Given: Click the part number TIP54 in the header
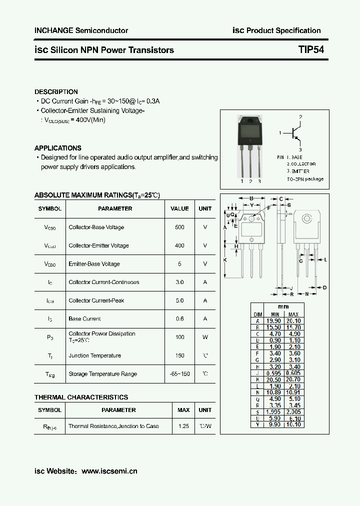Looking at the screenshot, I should tap(311, 50).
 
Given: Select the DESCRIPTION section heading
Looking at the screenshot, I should tap(56, 92).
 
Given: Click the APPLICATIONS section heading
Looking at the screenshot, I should tap(58, 148).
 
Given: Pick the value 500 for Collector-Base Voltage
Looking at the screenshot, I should tap(179, 227).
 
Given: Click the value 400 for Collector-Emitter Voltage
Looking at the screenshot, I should tap(179, 245).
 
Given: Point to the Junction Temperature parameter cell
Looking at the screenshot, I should tap(94, 355).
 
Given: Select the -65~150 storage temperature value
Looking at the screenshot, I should tap(179, 374).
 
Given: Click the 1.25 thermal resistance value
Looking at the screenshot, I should tap(183, 426).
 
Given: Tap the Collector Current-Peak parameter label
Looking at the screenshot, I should tap(96, 300).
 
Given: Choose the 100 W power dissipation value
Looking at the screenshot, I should tap(179, 337).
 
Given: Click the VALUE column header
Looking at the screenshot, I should tap(179, 208).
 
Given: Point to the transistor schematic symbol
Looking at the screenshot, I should tap(296, 133).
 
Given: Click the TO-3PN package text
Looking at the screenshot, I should tap(305, 178).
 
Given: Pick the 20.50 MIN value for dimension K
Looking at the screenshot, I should tap(275, 379).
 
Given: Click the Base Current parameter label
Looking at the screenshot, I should tap(84, 318).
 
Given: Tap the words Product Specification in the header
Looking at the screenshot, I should tap(283, 30).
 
